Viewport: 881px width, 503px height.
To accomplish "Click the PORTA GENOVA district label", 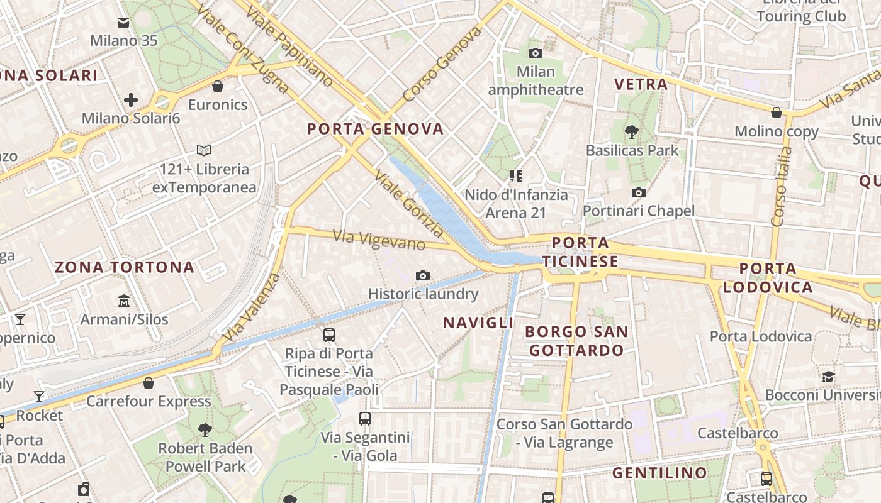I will [375, 129].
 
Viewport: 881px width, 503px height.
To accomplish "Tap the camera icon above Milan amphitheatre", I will [536, 53].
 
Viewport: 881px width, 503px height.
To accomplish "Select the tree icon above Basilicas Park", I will [632, 131].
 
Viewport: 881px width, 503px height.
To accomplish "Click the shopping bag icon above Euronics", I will [218, 86].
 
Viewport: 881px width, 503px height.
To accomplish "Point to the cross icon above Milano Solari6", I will [131, 99].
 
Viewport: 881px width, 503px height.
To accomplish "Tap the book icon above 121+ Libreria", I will [204, 150].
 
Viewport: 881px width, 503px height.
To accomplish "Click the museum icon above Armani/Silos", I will [124, 301].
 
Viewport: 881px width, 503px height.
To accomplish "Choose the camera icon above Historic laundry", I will [423, 275].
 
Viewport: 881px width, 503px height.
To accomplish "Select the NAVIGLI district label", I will [478, 323].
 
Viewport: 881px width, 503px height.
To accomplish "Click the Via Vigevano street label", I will [379, 240].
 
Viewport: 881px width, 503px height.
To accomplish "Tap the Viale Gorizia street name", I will [409, 202].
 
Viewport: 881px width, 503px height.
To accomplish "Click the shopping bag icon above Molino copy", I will [777, 113].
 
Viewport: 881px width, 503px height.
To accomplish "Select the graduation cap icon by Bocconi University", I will [828, 377].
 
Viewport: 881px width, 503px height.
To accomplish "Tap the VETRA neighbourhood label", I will [641, 84].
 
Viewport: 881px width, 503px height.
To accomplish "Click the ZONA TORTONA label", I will [125, 267].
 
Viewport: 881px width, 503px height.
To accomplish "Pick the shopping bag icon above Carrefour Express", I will [149, 382].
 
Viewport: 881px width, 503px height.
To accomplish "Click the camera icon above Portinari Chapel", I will [639, 192].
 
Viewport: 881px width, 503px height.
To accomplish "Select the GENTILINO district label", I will [659, 473].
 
